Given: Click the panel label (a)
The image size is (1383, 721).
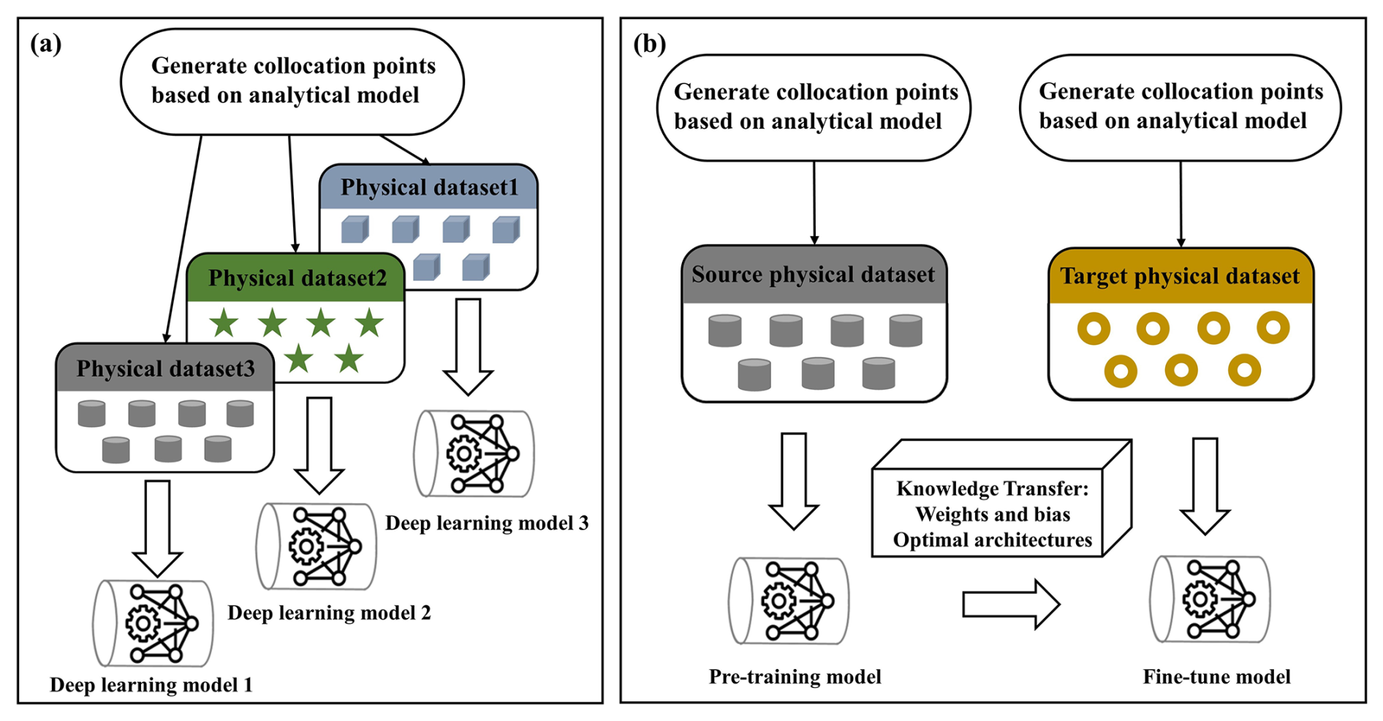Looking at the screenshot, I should [45, 45].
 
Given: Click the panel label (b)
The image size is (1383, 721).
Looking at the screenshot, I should [649, 45].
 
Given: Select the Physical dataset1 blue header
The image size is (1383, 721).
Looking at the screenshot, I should [429, 187].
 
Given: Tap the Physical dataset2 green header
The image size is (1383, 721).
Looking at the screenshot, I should [296, 278].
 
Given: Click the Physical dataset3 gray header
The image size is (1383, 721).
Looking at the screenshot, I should [165, 368].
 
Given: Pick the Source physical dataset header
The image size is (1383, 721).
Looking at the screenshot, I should [814, 275].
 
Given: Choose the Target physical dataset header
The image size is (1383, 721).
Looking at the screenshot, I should [1180, 276].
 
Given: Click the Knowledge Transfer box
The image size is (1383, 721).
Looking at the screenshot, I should [992, 514].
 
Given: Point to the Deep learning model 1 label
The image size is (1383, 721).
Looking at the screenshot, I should [151, 685].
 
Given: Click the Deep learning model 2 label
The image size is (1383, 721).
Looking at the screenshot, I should [329, 613].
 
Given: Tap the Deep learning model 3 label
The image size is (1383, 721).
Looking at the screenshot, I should [487, 523].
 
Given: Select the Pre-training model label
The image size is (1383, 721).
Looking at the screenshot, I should [795, 676].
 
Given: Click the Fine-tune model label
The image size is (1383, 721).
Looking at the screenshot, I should [1216, 676].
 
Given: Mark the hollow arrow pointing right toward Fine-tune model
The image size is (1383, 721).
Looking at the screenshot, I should [1011, 604].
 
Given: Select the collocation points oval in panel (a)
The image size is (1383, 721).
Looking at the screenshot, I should [292, 81].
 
